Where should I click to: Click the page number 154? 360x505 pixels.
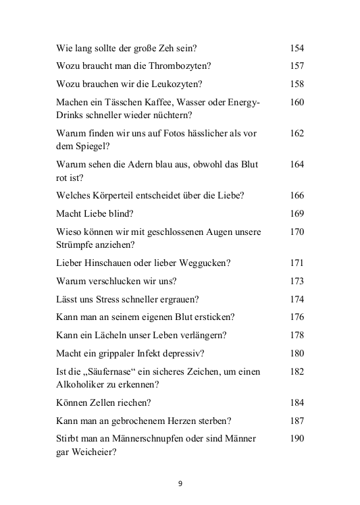click(297, 49)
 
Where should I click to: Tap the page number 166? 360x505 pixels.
click(297, 196)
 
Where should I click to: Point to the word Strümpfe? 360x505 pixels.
click(75, 244)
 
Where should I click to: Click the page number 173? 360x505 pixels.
click(297, 281)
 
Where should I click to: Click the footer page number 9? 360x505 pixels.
click(180, 483)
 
